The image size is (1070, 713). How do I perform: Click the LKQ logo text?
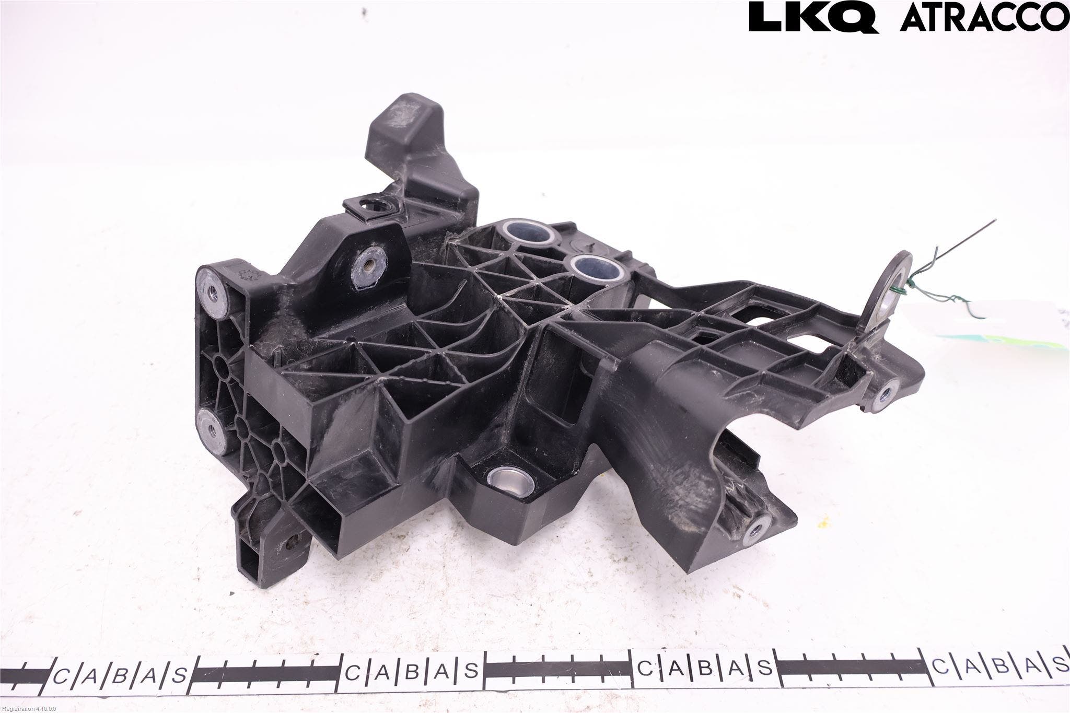[813, 17]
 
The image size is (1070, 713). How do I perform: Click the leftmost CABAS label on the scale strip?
[120, 675]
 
